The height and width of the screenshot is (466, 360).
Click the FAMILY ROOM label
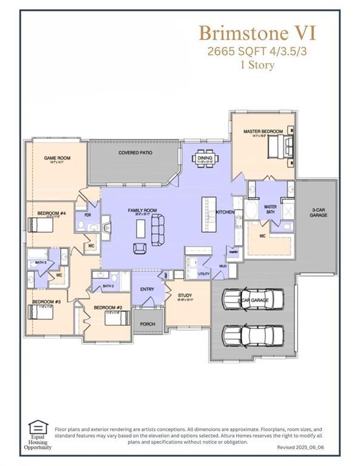pyautogui.click(x=142, y=211)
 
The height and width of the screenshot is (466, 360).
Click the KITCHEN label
pyautogui.click(x=225, y=212)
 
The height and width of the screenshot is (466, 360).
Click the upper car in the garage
pyautogui.click(x=252, y=299)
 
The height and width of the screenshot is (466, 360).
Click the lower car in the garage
pyautogui.click(x=252, y=334)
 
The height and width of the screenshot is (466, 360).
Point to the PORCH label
pyautogui.click(x=148, y=324)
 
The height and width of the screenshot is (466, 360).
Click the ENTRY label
pyautogui.click(x=147, y=289)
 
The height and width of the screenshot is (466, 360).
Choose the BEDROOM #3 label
pyautogui.click(x=46, y=302)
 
